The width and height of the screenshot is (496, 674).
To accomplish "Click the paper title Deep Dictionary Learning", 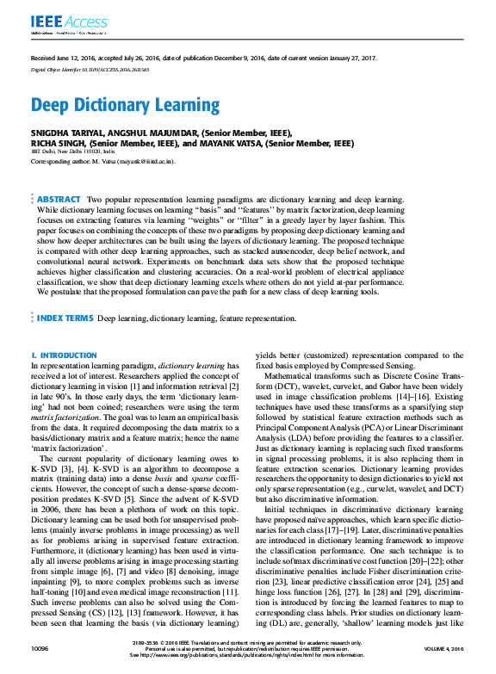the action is (x=126, y=106).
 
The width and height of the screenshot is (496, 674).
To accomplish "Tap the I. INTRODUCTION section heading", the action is (x=64, y=355).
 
